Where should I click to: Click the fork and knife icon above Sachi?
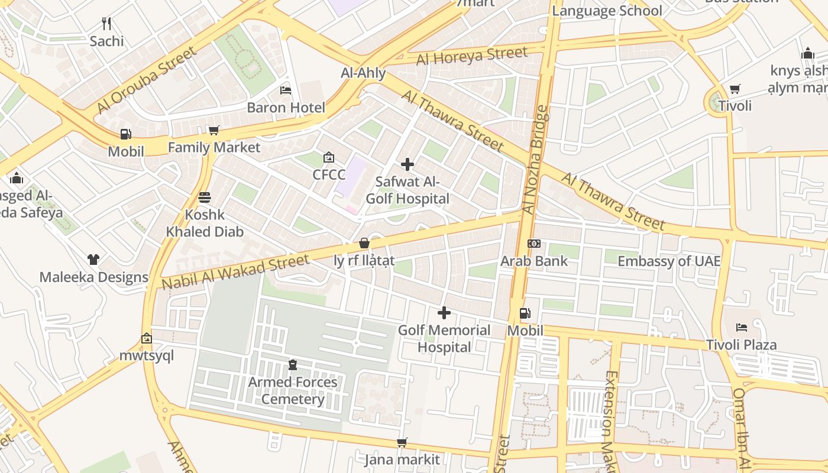pos(106,24)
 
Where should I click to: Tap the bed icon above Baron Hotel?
pos(286,90)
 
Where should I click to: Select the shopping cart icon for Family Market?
pos(214,130)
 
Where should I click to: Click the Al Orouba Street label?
pos(146,80)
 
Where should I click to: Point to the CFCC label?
pos(329,175)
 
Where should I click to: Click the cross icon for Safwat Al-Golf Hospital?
pos(407,164)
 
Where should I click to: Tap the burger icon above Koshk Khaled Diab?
pos(205,197)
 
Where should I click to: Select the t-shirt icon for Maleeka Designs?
pos(93,259)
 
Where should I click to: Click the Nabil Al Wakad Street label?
pos(235,272)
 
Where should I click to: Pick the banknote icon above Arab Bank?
pos(534,244)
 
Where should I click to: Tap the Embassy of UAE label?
pos(669,261)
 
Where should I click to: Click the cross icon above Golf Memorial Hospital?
pos(444,313)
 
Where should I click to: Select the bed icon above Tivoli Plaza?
pos(742,327)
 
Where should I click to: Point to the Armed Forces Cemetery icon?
pos(293,365)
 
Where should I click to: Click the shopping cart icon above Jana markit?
pos(402,442)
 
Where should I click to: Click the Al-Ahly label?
pos(363,73)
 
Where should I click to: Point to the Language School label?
pos(607,11)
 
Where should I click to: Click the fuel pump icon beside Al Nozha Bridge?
pos(525,313)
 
